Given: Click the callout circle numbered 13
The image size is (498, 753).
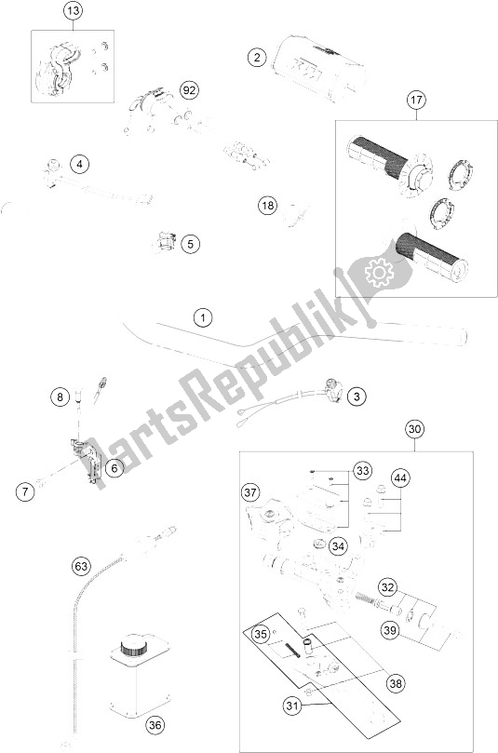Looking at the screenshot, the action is click(x=73, y=10).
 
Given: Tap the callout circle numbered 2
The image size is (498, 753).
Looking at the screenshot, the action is click(x=258, y=58).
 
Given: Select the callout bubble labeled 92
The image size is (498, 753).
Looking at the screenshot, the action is click(x=190, y=89).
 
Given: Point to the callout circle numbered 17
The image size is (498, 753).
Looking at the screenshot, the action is click(x=416, y=100).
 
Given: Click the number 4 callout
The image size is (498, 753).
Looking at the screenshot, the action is click(x=80, y=164).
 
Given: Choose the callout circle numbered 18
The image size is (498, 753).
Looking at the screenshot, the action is click(x=267, y=206).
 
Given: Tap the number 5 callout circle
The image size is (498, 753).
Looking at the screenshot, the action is click(x=191, y=244).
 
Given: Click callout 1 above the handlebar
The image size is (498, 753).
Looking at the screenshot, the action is click(x=203, y=317).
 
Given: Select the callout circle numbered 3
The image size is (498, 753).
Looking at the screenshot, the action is click(x=357, y=397).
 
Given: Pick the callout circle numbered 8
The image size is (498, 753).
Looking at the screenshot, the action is click(x=60, y=397).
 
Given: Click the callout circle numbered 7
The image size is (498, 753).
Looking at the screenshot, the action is click(x=25, y=491).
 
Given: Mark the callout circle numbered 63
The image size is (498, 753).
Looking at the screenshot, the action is click(x=81, y=566).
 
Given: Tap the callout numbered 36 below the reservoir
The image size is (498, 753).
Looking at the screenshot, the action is click(x=155, y=725).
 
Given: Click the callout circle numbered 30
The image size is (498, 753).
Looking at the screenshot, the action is click(x=415, y=428).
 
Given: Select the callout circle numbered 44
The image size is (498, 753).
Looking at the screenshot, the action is click(x=401, y=477).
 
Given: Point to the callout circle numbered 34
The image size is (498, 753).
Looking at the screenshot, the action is click(x=338, y=546).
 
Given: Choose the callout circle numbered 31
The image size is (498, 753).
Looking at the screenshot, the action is click(x=292, y=706).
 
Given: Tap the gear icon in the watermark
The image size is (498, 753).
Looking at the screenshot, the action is click(x=379, y=273).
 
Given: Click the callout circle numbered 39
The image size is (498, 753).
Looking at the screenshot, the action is click(x=390, y=629).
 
